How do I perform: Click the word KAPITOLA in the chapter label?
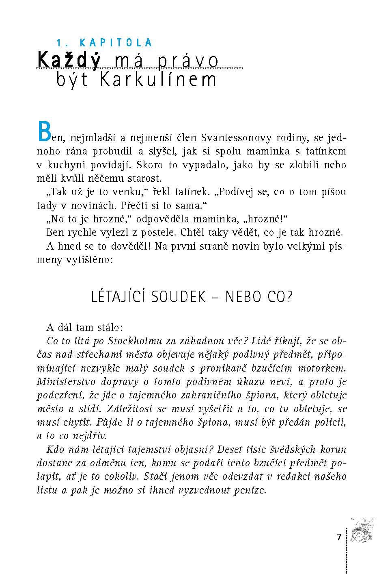point(116,43)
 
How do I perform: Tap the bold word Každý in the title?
point(69,61)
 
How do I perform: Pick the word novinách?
point(95,205)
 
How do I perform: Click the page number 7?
point(339,537)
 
